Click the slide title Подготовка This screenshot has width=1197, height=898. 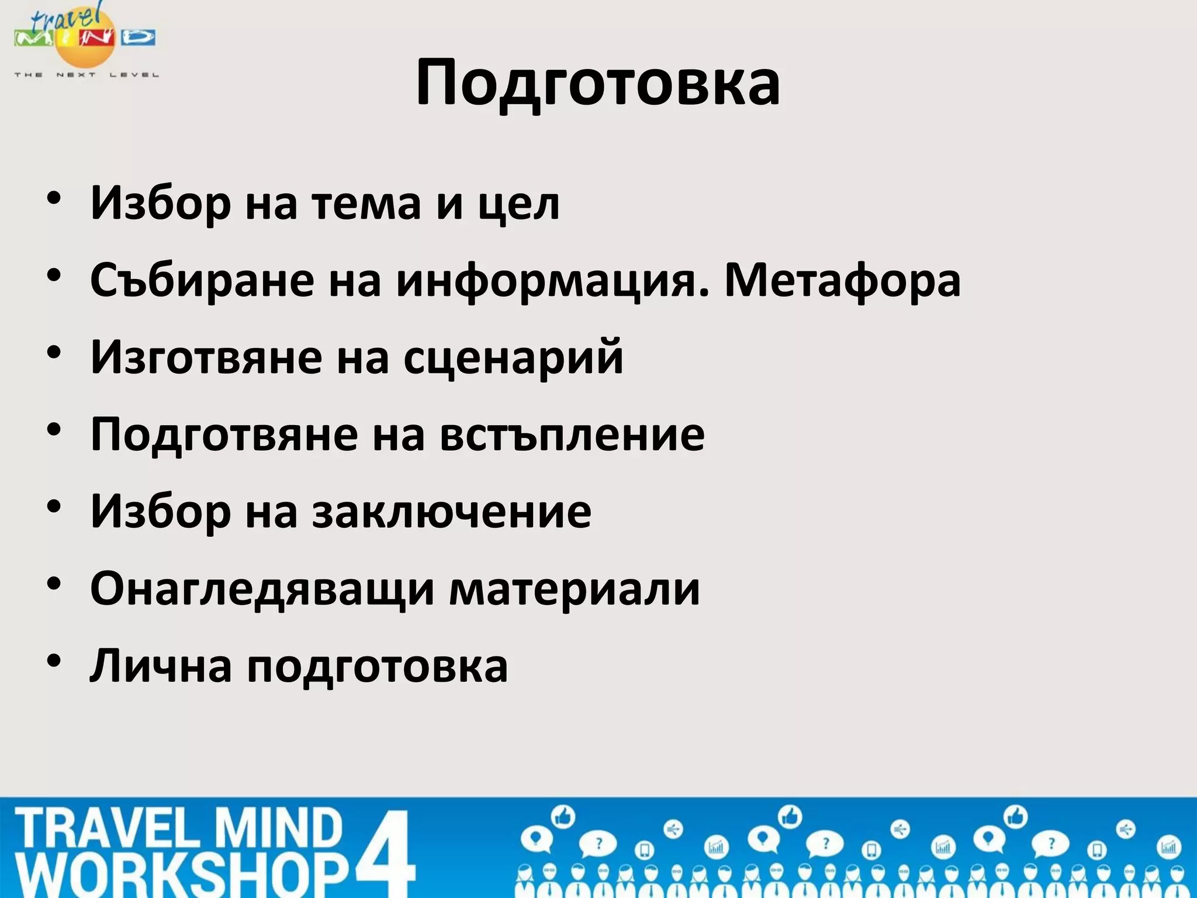[597, 83]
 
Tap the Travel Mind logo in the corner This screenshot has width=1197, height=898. [85, 39]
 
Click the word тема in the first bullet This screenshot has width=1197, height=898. [366, 203]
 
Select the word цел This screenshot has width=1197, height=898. [519, 205]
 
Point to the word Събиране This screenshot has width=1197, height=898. [202, 281]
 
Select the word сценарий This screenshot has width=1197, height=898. [513, 358]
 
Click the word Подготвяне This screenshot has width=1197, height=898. [224, 435]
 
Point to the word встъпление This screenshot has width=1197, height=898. [572, 435]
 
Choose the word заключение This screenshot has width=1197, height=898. [451, 512]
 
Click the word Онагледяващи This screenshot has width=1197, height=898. [262, 589]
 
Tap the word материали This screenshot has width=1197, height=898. [575, 589]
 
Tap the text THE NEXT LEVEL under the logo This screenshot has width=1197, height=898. [87, 75]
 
